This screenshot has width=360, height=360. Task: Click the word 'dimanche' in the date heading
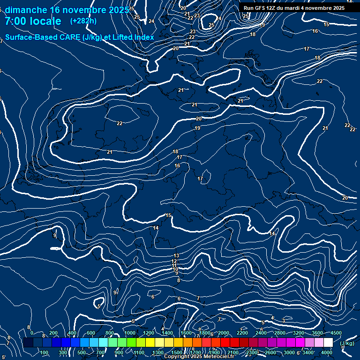tap(25, 10)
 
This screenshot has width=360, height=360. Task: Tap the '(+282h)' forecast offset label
tap(83, 21)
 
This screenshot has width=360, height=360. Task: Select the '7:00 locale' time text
tap(33, 21)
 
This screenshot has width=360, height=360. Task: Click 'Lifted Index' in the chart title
tap(133, 37)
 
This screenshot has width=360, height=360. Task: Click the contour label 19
tap(197, 128)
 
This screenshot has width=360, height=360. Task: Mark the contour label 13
tap(176, 255)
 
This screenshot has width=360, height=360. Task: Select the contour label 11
tap(174, 266)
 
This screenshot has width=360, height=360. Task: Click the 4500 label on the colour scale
tap(336, 333)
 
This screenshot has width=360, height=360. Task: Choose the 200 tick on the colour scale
tap(53, 333)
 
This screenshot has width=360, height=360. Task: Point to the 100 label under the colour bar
tap(45, 352)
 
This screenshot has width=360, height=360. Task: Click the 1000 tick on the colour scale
tap(129, 333)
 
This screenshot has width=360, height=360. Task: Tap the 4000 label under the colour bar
tap(327, 352)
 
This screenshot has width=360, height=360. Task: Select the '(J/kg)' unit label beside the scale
tap(346, 343)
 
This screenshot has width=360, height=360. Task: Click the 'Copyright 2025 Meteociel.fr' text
tap(199, 357)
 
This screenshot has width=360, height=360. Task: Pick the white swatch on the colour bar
tap(328, 343)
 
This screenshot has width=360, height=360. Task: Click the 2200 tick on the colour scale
tap(242, 333)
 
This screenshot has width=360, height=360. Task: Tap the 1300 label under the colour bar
tap(158, 352)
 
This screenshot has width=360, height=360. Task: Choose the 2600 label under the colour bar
tap(270, 352)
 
